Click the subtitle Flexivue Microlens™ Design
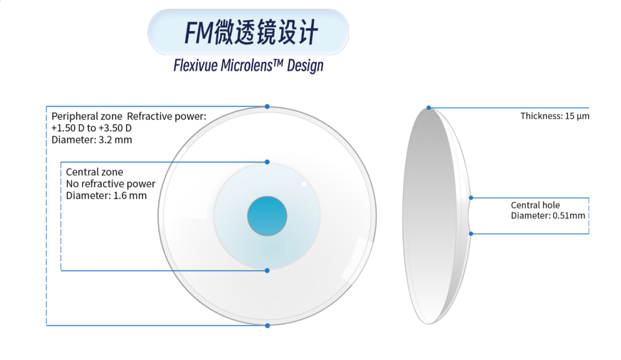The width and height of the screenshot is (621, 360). (x=248, y=65)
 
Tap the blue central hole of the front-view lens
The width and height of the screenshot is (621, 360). (x=267, y=216)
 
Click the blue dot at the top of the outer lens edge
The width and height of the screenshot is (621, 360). (x=267, y=106)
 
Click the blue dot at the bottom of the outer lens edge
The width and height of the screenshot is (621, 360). (x=267, y=325)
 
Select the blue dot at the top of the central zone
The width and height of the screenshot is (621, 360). (x=267, y=162)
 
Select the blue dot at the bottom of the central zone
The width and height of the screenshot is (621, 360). (x=267, y=270)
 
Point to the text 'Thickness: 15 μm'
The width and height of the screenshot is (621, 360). (x=555, y=116)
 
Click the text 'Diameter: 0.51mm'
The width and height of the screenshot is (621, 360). (x=548, y=216)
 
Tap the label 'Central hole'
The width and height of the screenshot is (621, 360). (x=535, y=205)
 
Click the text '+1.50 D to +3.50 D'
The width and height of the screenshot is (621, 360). (x=91, y=128)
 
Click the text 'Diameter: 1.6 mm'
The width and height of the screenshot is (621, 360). (x=106, y=196)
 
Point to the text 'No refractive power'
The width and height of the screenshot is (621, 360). (x=110, y=184)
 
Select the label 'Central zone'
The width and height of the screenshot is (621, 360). (x=94, y=172)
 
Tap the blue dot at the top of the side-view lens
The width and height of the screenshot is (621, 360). (x=428, y=108)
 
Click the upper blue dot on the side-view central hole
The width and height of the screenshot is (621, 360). (x=471, y=198)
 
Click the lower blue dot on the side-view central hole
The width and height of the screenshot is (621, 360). (x=471, y=233)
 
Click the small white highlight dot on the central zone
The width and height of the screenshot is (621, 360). (x=304, y=184)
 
